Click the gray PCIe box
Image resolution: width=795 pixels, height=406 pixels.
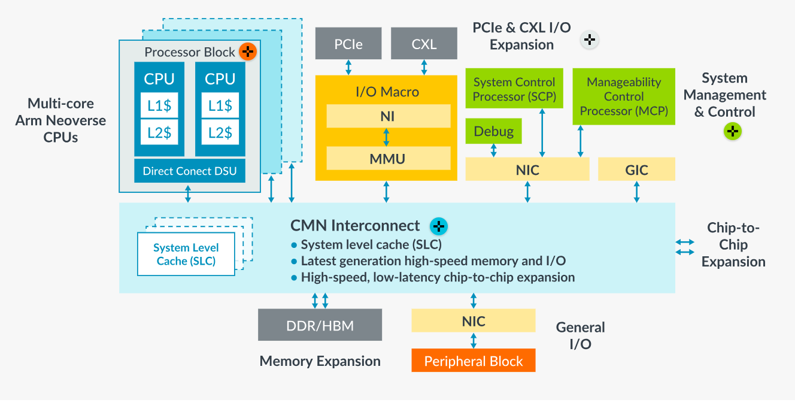[348, 44]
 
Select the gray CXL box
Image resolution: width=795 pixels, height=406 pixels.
[424, 44]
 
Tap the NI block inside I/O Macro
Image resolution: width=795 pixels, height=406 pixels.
[388, 116]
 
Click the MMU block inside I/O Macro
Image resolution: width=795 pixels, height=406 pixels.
[388, 159]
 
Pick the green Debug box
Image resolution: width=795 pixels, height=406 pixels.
[493, 131]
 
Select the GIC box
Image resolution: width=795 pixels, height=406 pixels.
[636, 169]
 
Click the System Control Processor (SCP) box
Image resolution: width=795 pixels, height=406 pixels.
[514, 89]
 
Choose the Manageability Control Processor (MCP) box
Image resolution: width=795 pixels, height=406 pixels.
[624, 96]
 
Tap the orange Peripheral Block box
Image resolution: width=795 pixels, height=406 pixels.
[474, 361]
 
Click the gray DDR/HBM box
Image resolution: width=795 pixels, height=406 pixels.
[320, 325]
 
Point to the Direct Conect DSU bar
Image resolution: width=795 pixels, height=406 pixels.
[190, 171]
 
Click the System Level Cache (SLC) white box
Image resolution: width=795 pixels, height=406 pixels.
[186, 254]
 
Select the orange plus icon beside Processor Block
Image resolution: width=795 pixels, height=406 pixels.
[247, 51]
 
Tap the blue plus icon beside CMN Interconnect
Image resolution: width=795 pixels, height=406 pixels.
[439, 226]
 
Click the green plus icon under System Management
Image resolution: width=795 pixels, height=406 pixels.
[733, 132]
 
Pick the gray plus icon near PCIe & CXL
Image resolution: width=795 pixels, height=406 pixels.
[590, 40]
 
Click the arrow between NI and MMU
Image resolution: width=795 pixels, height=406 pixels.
[386, 137]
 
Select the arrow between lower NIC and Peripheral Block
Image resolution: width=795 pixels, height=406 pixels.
[474, 340]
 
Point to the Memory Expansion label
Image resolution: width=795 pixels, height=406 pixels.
[320, 361]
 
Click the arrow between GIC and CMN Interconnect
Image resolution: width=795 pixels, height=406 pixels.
[636, 192]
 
